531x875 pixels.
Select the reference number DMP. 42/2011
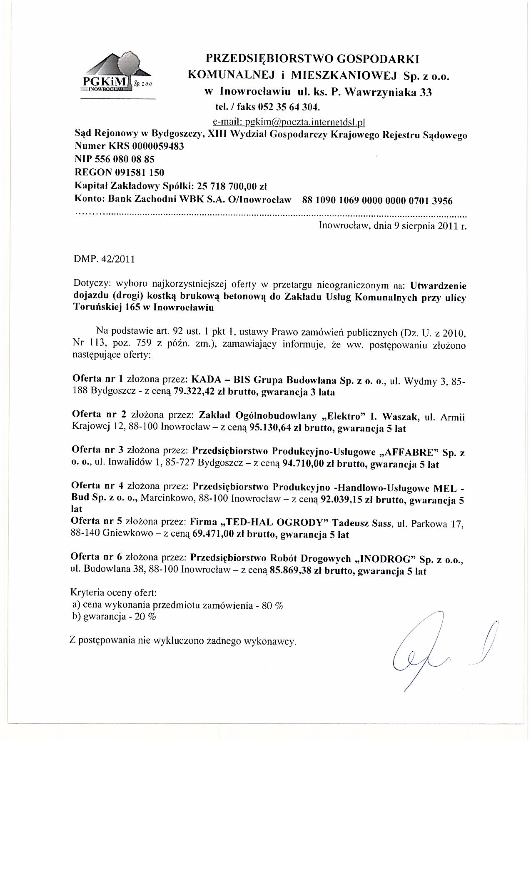pyautogui.click(x=104, y=259)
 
